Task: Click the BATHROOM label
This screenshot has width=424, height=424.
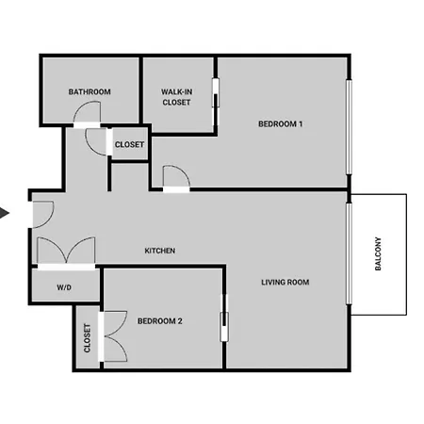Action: coord(90,91)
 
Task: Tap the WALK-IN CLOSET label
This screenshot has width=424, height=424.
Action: coord(176,97)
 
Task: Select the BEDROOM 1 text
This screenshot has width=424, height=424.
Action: coord(280,124)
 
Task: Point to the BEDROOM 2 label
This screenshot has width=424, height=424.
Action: coord(160,321)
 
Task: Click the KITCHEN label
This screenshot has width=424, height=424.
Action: coord(160,251)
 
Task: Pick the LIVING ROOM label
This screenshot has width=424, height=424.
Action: coord(285,282)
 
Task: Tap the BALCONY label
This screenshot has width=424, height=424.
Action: coord(378,253)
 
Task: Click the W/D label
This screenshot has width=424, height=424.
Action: coord(64,287)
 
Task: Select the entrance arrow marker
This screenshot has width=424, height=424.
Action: coord(5,213)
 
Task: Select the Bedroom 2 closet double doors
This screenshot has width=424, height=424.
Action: coord(115,336)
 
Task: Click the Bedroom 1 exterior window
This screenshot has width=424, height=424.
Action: coord(349,127)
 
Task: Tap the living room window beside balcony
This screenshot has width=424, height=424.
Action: coord(349,253)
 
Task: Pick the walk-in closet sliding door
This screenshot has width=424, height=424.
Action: coord(216,92)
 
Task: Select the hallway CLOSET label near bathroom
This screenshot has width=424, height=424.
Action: coord(129,144)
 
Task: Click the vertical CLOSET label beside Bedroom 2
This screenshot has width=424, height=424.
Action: coord(87,338)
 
